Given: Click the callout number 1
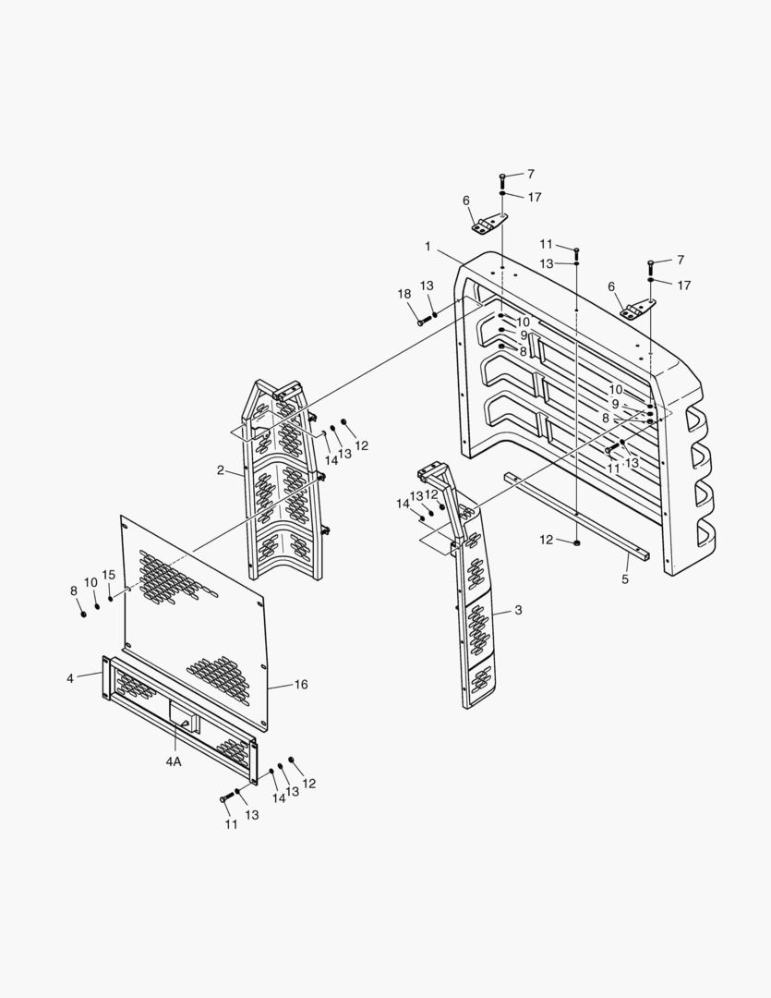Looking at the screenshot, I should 428,247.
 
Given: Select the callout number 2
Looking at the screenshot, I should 221,470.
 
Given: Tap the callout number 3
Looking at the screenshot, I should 519,611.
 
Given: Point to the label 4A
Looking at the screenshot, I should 174,761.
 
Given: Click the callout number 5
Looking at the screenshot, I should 625,580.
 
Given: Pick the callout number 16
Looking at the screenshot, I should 301,685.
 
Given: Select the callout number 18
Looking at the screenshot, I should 404,294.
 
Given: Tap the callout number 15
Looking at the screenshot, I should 109,575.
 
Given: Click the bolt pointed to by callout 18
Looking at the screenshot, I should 424,321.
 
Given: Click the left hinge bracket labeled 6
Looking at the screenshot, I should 489,224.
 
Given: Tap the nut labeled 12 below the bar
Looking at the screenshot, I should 576,542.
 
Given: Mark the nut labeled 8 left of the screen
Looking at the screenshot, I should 83,614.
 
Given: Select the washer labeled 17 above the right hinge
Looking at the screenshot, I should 651,280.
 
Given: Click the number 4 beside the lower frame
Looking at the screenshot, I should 70,678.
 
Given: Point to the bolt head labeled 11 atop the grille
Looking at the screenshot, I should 576,250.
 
